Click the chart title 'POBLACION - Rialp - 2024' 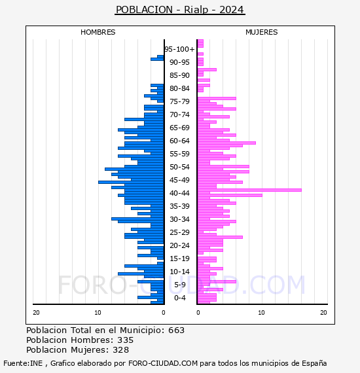pos(180,10)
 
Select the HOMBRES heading pos(98,32)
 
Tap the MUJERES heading pos(262,32)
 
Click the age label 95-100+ pos(179,49)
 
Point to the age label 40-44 pos(179,193)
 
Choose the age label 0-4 pos(179,298)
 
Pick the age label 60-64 pos(179,141)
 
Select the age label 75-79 pos(179,101)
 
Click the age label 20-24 pos(179,245)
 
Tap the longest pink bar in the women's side pos(249,190)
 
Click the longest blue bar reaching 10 pos(131,182)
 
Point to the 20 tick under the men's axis pos(36,313)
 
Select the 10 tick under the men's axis pos(98,313)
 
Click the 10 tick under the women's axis pos(261,313)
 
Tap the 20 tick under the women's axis pos(323,313)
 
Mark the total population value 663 pos(176,330)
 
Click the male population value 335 pos(126,340)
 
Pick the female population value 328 pos(121,349)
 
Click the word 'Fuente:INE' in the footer pos(23,363)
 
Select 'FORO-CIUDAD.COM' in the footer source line pos(163,363)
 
